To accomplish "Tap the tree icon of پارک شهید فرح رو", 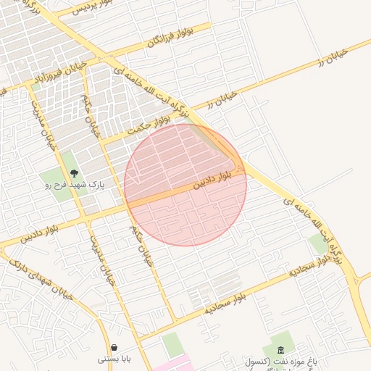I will pyautogui.click(x=74, y=173).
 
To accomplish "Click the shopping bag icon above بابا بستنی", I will pyautogui.click(x=114, y=348).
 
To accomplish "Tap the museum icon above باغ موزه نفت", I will pyautogui.click(x=280, y=350).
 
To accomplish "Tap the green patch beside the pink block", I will pyautogui.click(x=172, y=343).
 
